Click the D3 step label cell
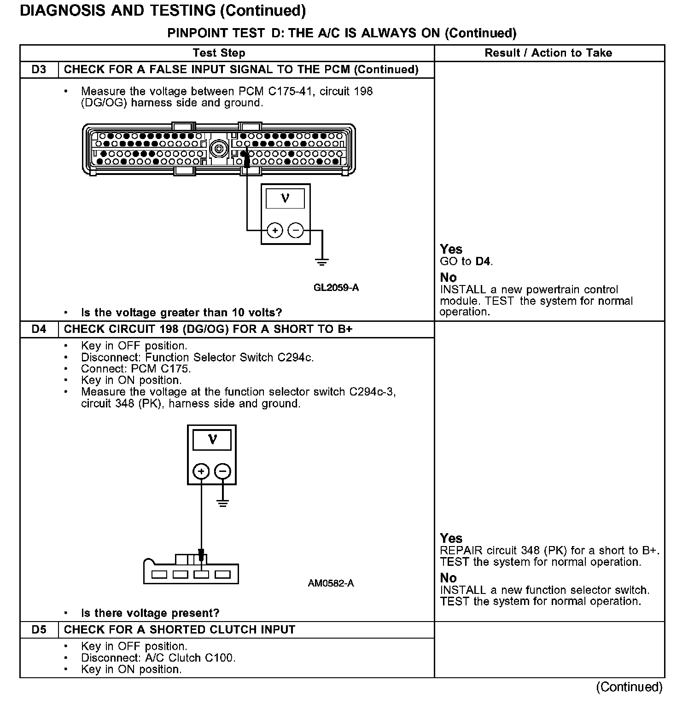39,70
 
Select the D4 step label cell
39,329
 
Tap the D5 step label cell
39,629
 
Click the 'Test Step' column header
219,53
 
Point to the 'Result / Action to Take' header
548,53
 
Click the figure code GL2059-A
336,288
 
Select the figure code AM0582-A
331,583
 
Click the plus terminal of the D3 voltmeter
275,230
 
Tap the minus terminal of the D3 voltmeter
296,230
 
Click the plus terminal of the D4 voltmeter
201,471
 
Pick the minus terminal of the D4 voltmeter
222,471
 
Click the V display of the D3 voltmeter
285,198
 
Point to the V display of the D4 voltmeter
212,440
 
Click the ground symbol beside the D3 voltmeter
322,262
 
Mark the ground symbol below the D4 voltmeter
222,503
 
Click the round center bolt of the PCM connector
218,149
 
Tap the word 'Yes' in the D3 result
451,250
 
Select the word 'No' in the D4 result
448,578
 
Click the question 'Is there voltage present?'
150,613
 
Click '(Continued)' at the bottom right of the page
629,687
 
